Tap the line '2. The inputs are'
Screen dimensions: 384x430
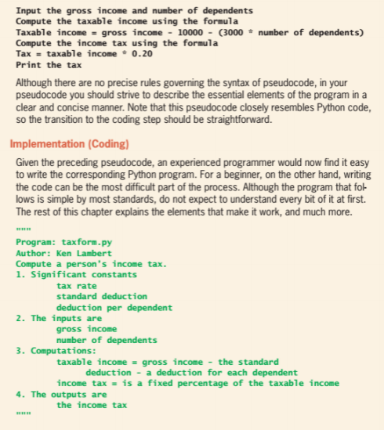point(58,318)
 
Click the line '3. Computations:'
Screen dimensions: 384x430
point(56,351)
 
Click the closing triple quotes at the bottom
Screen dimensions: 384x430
point(23,416)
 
